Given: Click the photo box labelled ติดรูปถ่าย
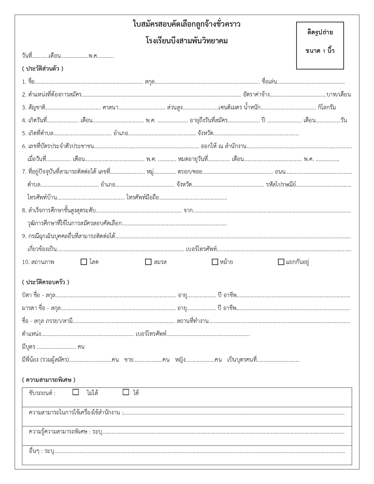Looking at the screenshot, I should [320, 45].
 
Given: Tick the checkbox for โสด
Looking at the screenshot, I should [84, 262].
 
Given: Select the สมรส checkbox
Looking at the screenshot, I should [148, 262].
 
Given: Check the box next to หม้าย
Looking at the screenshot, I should [215, 262].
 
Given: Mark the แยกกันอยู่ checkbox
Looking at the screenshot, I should [281, 262].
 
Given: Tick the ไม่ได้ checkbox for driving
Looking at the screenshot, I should [76, 392].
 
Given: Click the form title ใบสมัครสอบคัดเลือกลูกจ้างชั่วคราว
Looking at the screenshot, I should [187, 24].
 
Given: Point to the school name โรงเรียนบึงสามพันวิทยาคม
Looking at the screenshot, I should [187, 41].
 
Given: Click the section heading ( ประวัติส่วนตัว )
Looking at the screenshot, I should [43, 69].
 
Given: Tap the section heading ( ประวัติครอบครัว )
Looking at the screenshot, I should [45, 282].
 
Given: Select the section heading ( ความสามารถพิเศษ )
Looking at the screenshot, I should [48, 380].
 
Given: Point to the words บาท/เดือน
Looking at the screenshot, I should [339, 95].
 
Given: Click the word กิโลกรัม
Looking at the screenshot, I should [327, 107].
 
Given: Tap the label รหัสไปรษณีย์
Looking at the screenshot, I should [281, 185].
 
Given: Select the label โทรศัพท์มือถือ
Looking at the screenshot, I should [143, 198].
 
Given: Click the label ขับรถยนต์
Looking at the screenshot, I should [42, 393].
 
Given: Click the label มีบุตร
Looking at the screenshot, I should [28, 347].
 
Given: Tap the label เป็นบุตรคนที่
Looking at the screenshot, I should [242, 360].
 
